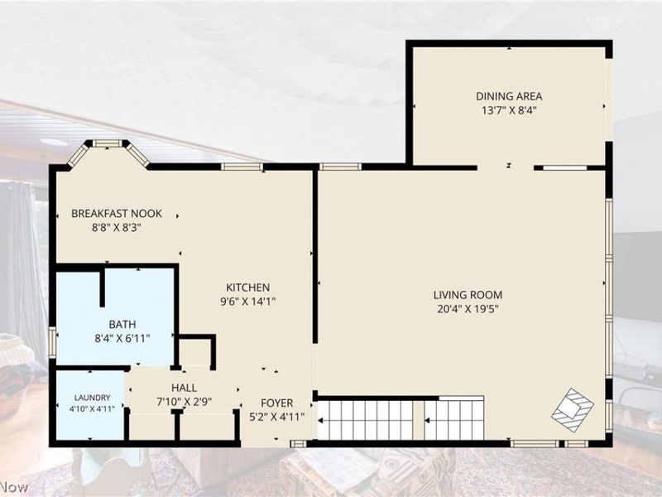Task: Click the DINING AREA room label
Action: tap(509, 96)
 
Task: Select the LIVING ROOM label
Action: tap(468, 295)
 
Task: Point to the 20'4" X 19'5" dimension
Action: tap(468, 309)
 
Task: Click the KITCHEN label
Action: tap(247, 287)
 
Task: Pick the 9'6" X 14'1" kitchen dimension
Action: tap(247, 302)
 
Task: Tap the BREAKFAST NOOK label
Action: tap(117, 214)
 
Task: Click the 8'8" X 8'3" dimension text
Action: tap(117, 228)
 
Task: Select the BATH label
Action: tap(122, 324)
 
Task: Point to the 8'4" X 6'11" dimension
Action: tap(122, 339)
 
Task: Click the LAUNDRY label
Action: tap(92, 398)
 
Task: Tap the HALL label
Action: tap(184, 388)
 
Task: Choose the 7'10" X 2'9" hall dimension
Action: tap(184, 402)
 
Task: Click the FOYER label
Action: tap(277, 403)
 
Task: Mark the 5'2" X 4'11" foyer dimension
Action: tap(277, 417)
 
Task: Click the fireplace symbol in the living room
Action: tap(573, 410)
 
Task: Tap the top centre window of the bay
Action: tap(108, 143)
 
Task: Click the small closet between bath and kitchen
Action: tap(195, 351)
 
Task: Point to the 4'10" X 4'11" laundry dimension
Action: tap(92, 408)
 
